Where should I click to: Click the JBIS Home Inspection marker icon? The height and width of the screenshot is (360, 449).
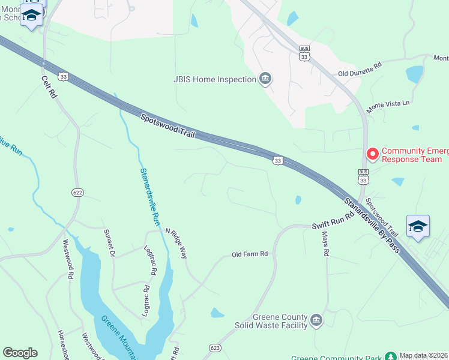pos(265,79)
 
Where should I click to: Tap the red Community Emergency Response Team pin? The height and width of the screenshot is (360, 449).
pos(372,154)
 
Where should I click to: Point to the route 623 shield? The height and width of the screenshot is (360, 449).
pos(215,348)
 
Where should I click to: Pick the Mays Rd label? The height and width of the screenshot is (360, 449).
pos(325,244)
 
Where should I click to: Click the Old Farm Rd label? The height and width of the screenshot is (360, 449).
pos(249,254)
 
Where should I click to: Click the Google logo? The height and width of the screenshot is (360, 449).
pos(20,352)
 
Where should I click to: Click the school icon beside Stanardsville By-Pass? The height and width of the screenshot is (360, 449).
pos(418,226)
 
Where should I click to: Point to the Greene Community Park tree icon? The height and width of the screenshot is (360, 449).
pos(391,356)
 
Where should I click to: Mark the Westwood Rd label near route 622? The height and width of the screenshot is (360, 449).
pos(68,259)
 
